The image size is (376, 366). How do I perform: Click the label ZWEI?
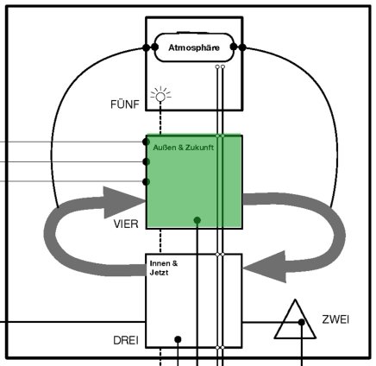pyautogui.click(x=335, y=320)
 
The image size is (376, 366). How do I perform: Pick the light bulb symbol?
pyautogui.click(x=159, y=96)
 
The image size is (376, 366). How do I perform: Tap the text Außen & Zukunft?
pyautogui.click(x=183, y=148)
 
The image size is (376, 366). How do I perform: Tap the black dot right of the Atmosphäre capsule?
pyautogui.click(x=243, y=47)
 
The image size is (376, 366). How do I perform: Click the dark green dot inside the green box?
pyautogui.click(x=197, y=220)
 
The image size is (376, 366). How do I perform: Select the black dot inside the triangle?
pyautogui.click(x=302, y=322)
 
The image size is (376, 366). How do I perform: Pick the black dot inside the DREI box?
pyautogui.click(x=177, y=338)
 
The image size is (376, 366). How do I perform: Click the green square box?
pyautogui.click(x=194, y=181)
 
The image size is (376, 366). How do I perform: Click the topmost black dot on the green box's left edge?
pyautogui.click(x=145, y=142)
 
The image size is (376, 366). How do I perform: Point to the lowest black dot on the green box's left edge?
pyautogui.click(x=145, y=181)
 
